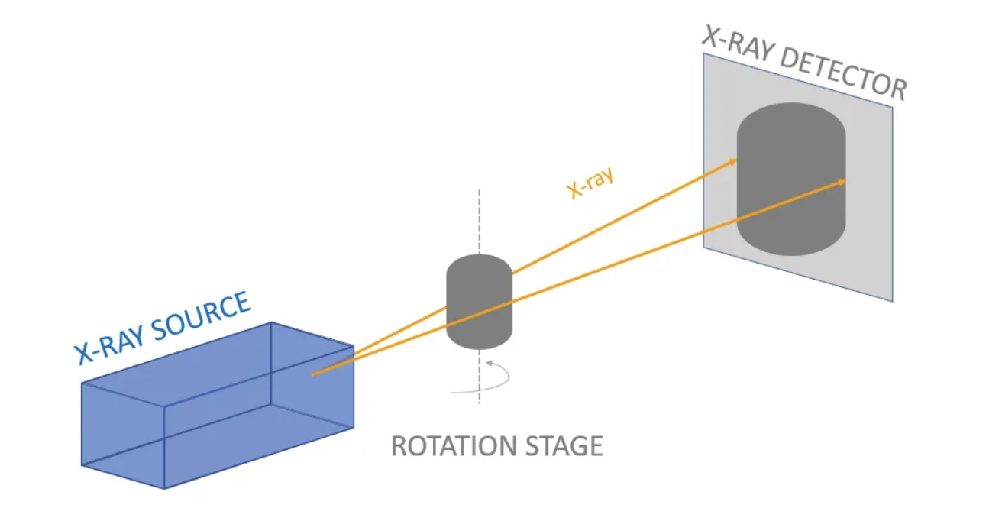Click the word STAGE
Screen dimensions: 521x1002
click(566, 445)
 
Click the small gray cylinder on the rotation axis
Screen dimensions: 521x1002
click(479, 302)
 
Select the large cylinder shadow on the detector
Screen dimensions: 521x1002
click(791, 180)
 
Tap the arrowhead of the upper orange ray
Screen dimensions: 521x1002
click(734, 160)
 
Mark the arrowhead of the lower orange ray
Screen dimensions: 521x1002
click(843, 181)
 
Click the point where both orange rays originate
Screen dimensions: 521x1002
click(313, 374)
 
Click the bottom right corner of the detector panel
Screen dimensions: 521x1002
click(892, 301)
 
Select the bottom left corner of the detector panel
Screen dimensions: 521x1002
click(703, 247)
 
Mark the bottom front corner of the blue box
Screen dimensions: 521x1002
click(164, 488)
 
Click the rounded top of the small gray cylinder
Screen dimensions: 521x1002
click(479, 264)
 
